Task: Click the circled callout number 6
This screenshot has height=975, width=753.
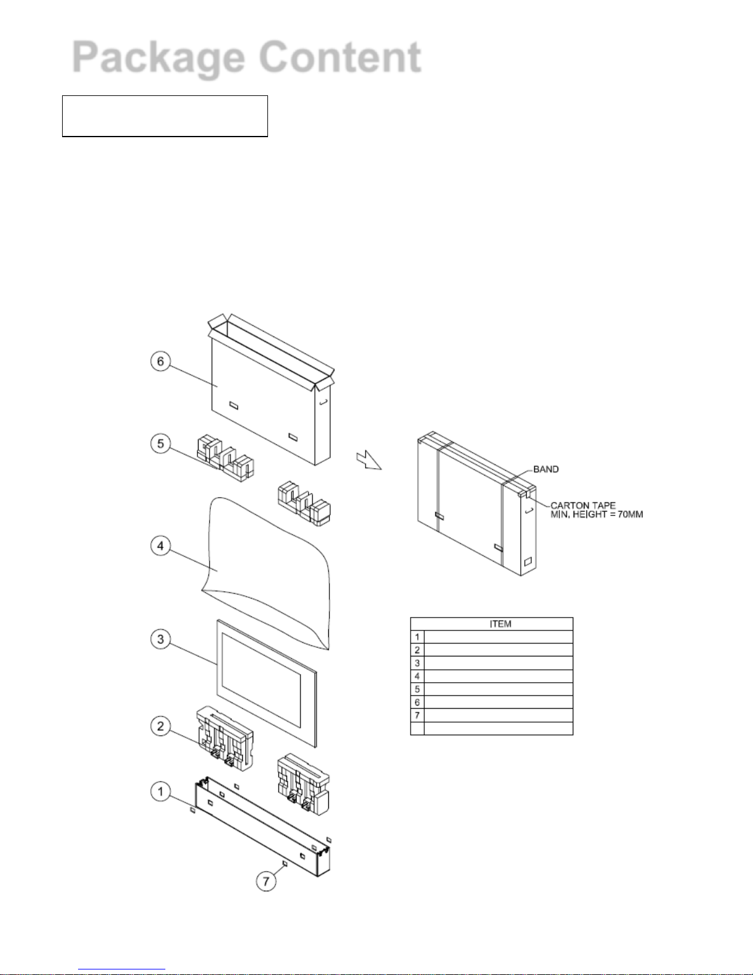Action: tap(160, 361)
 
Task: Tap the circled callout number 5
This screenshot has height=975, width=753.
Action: tap(160, 444)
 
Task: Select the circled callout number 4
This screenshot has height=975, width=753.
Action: tap(160, 546)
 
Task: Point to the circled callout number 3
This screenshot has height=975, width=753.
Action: tap(160, 639)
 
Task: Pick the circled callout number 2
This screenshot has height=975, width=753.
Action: tap(160, 726)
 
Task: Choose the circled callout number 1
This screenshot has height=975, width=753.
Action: tap(160, 791)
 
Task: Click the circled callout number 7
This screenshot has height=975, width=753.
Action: tap(266, 881)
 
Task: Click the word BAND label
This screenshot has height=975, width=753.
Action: tap(546, 469)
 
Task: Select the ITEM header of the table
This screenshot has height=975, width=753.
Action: tap(500, 624)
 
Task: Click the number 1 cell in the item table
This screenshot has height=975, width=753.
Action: tap(417, 637)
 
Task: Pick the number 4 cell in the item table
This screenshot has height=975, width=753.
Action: tap(417, 676)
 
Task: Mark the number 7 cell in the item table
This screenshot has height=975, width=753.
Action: tap(417, 715)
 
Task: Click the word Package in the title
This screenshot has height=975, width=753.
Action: tap(157, 58)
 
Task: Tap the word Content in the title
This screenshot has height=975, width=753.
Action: tap(340, 58)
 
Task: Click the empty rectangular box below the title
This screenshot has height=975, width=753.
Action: tap(165, 116)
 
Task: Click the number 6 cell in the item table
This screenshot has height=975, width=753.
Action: tap(417, 702)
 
